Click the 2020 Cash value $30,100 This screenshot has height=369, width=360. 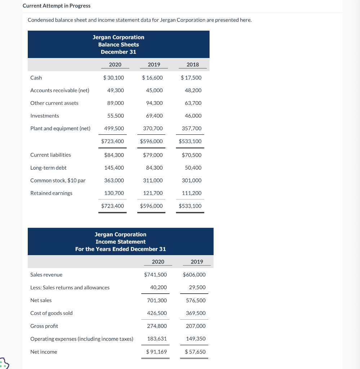pos(114,78)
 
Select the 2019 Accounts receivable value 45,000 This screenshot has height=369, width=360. pos(154,90)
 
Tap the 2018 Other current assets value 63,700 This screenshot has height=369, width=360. pos(193,103)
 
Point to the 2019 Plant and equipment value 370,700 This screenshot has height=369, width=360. pos(153,128)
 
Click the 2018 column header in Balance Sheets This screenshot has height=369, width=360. pos(193,65)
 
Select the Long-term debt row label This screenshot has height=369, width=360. pos(48,168)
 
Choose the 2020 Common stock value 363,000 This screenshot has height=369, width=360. pos(114,181)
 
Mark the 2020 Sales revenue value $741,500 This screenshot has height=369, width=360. pos(155,275)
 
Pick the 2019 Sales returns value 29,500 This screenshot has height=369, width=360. pos(197,288)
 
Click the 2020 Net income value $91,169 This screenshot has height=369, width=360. pos(156,352)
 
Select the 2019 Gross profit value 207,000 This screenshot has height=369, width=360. pos(196,326)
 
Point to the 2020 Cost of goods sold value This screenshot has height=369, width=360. pos(157,313)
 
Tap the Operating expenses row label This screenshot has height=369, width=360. pos(82,339)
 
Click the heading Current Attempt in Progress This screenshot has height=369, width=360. pos(57,6)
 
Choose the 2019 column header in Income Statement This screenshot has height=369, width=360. pos(197,262)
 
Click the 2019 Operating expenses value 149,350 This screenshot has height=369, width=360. pos(196,339)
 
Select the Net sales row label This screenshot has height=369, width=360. pos(41,301)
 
